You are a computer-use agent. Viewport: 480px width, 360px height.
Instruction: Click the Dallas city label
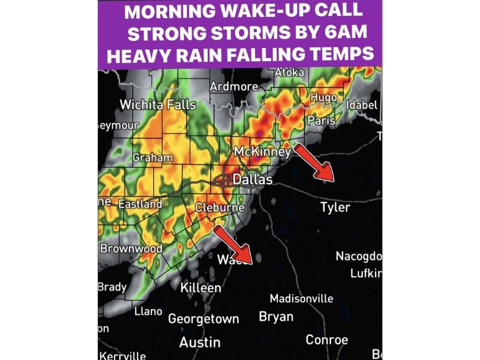click(252, 179)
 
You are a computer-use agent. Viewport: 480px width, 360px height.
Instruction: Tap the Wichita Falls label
click(158, 105)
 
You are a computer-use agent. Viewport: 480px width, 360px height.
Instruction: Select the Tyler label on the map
click(335, 208)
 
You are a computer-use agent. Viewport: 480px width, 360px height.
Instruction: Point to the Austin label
click(200, 342)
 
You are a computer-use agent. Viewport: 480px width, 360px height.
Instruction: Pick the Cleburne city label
click(220, 208)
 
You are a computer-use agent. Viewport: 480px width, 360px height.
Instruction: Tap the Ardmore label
click(233, 87)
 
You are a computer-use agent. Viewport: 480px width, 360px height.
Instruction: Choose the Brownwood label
click(131, 248)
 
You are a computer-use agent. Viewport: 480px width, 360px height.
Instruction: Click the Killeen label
click(201, 288)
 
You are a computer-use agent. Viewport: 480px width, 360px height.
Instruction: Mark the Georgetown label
click(203, 319)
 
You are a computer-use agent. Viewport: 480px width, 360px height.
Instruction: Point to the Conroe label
click(326, 340)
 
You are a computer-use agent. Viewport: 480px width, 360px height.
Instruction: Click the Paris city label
click(320, 121)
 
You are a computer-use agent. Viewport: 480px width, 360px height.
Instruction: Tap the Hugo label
click(323, 98)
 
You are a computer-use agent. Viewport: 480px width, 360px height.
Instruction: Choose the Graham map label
click(152, 158)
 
